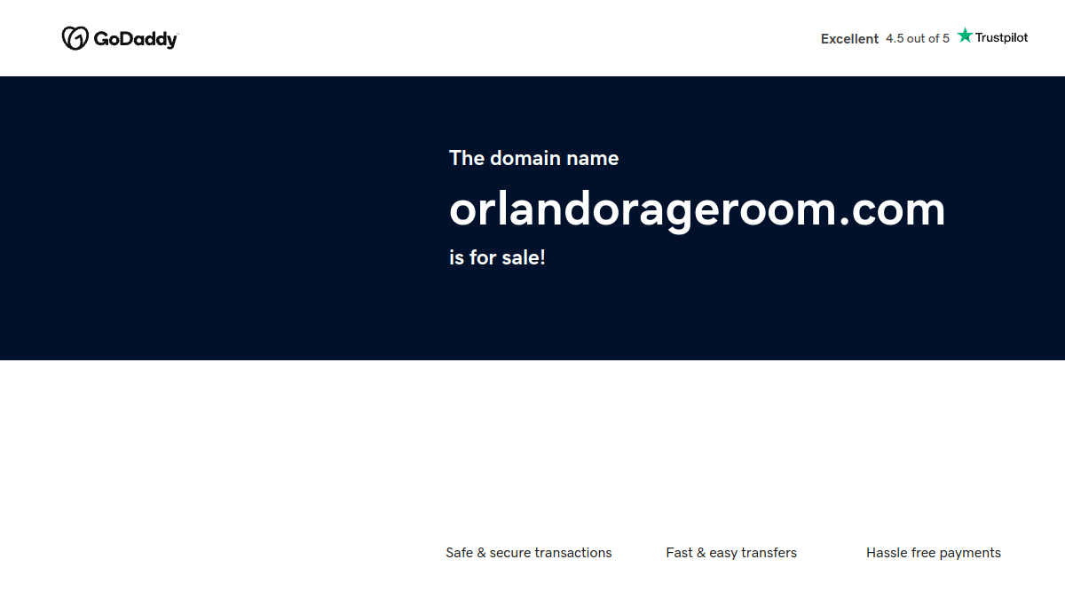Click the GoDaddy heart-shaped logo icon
75,38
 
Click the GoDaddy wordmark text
136,39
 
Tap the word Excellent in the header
849,38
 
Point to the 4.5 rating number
895,38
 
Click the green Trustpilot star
965,35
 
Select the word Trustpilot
1001,37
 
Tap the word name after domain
593,159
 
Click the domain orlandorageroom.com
697,210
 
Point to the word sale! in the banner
524,257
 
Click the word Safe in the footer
460,552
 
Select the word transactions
573,552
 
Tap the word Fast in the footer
679,552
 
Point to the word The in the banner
467,158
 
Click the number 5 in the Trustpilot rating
946,38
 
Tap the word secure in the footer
510,554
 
